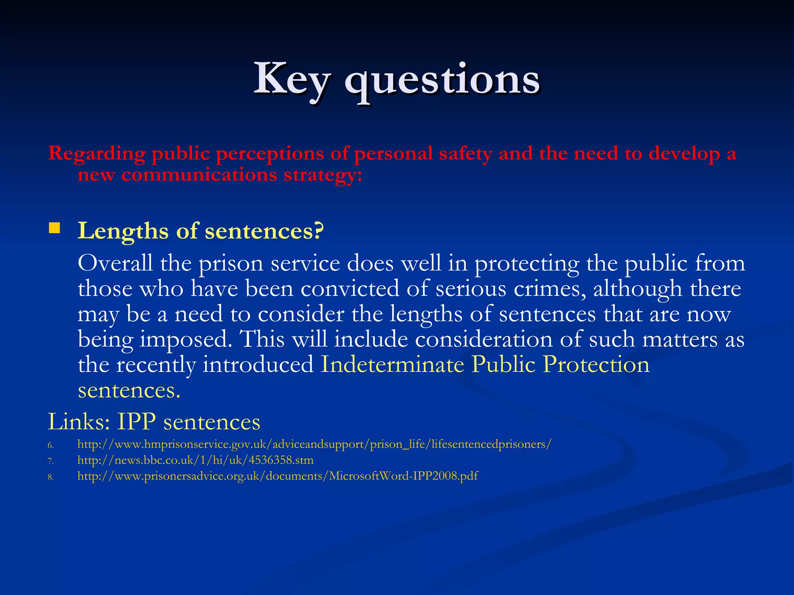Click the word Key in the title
point(292,80)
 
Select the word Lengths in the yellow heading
point(123,232)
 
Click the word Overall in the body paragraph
point(115,263)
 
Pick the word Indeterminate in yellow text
point(392,365)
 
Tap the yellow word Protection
point(596,365)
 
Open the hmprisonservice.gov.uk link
point(314,444)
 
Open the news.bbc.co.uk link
point(195,460)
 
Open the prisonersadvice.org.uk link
point(278,476)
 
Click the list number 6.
point(50,445)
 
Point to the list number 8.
point(50,477)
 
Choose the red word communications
point(199,175)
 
